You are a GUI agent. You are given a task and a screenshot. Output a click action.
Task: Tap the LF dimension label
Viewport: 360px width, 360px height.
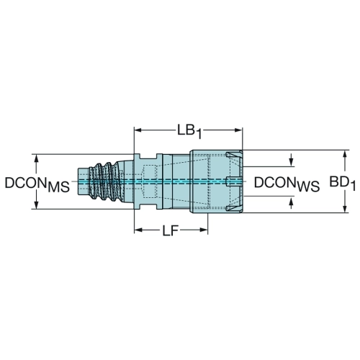170,231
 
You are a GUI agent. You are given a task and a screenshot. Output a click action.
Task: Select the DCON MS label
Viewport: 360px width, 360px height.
37,184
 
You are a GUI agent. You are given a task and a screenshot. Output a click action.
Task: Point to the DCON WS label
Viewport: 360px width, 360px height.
287,184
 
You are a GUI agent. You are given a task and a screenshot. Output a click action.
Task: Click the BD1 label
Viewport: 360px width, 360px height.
342,184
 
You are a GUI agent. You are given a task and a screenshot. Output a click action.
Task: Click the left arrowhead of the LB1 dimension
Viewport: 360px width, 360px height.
138,130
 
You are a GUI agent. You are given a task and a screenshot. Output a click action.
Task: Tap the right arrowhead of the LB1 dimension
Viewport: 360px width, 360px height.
238,130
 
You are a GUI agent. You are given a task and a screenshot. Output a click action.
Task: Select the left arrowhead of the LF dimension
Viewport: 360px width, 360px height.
138,230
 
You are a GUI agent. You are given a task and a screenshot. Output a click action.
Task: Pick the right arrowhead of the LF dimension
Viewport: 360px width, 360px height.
204,230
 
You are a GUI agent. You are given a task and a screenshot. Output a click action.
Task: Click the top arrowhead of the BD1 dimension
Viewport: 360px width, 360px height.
345,154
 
